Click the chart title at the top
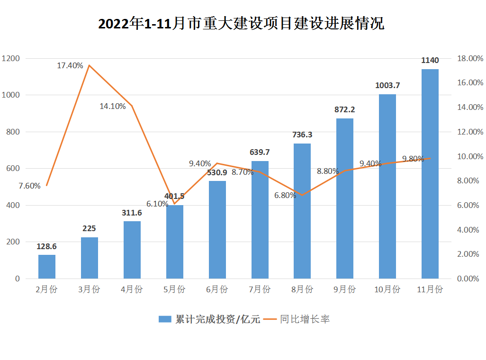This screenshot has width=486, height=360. point(241,24)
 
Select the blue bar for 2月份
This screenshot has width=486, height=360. point(47,267)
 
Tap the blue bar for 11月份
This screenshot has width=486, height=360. point(430,174)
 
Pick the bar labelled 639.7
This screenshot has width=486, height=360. point(260,220)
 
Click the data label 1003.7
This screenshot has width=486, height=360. point(387,86)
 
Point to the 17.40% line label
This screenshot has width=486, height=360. point(70,65)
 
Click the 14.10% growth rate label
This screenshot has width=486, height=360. point(113,106)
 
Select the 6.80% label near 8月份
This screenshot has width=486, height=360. point(285,195)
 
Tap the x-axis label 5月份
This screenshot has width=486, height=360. point(174,289)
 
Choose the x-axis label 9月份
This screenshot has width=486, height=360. point(345,289)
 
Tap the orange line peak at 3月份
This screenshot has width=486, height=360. point(89,65)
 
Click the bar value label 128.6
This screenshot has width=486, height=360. point(47,247)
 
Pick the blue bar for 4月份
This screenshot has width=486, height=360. point(132,250)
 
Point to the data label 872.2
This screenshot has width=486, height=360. point(345,109)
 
